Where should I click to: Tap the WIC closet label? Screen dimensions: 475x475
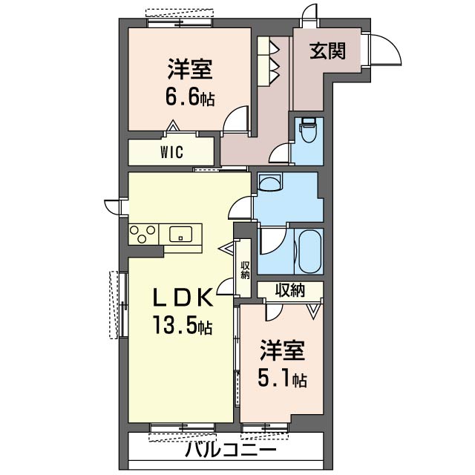coord(172,152)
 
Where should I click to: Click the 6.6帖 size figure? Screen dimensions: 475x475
coord(191,96)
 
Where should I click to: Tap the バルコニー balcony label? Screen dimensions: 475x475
coord(230,451)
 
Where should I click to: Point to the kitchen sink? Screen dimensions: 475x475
coord(180,235)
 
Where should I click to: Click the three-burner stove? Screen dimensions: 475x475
coord(143,235)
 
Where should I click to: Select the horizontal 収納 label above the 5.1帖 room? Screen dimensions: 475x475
coord(290,289)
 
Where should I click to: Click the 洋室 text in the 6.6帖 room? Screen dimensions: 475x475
coord(190,71)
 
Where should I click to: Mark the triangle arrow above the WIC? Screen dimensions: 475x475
coord(173,128)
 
